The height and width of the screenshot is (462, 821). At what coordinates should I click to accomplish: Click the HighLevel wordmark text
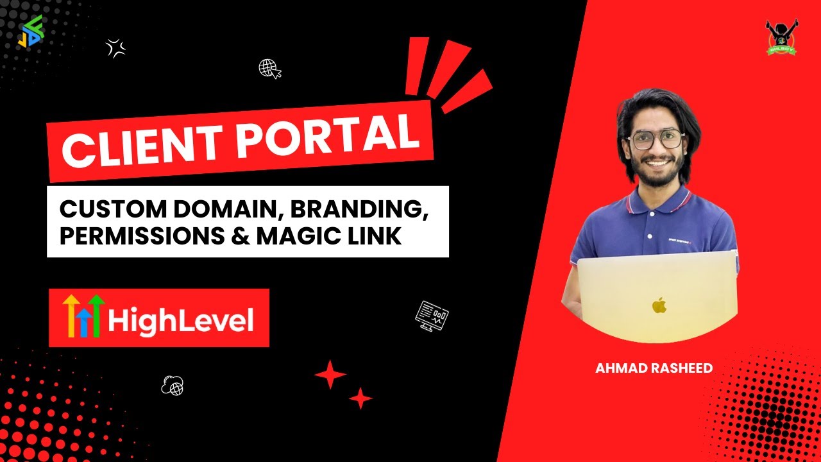(180, 320)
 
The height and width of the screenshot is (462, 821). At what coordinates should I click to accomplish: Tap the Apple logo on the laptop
(659, 305)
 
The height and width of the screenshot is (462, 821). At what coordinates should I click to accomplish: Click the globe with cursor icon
(269, 69)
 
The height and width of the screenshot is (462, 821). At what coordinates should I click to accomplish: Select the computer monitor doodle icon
(432, 315)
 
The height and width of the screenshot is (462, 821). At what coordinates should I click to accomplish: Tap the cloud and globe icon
(173, 384)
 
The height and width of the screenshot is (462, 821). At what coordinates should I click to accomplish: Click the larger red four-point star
(330, 374)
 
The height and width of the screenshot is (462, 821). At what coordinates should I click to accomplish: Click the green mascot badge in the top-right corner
(781, 37)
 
